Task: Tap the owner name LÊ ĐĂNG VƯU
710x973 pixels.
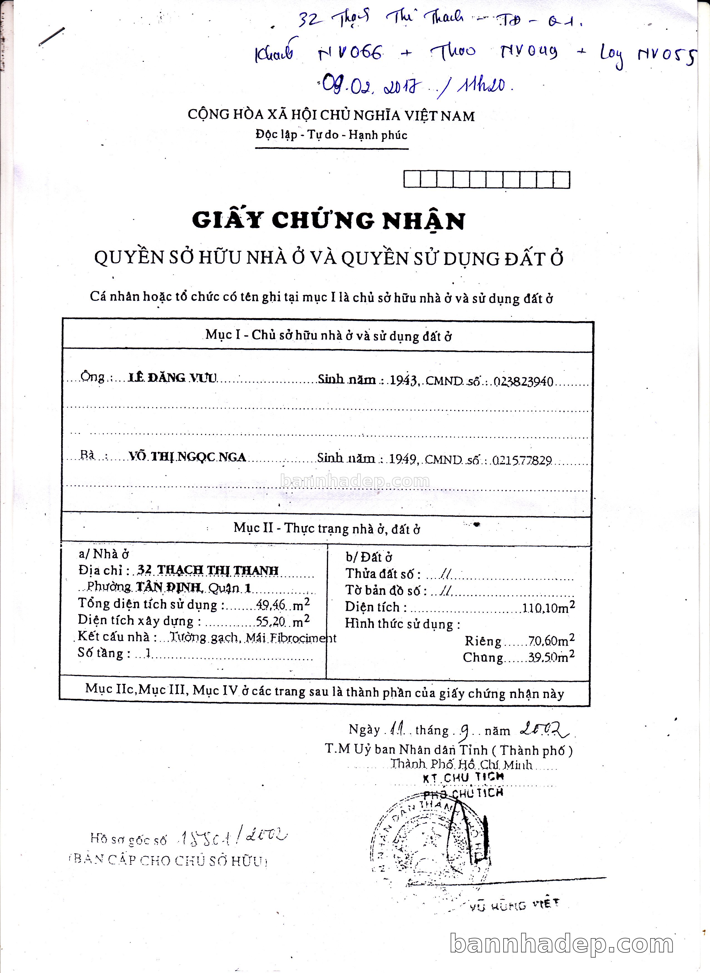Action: (x=172, y=378)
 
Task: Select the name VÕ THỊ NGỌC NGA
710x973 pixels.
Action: (x=188, y=457)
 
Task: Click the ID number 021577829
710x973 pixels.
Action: (x=522, y=461)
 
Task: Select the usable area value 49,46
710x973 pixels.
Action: (x=270, y=605)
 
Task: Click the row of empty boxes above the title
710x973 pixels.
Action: (x=487, y=180)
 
